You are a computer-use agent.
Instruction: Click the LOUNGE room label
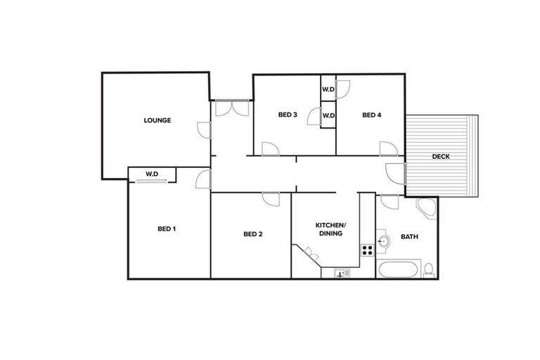[x=157, y=120]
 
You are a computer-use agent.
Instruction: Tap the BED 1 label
[x=167, y=229]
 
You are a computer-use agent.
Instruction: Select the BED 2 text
[x=252, y=234]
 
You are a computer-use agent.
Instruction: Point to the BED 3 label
[x=288, y=115]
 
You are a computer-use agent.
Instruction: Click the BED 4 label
[x=372, y=115]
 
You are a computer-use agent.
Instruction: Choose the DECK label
[x=441, y=156]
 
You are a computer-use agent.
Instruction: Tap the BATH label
[x=409, y=237]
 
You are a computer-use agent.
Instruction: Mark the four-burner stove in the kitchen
[x=367, y=249]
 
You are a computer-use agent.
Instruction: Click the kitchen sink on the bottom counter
[x=341, y=273]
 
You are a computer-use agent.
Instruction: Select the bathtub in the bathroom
[x=397, y=269]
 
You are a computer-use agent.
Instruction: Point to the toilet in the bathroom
[x=428, y=269]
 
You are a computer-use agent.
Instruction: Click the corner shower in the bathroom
[x=427, y=208]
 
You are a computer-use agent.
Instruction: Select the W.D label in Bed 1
[x=152, y=173]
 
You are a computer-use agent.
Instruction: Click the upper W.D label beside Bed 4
[x=328, y=89]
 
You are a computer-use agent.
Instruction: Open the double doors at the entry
[x=231, y=108]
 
